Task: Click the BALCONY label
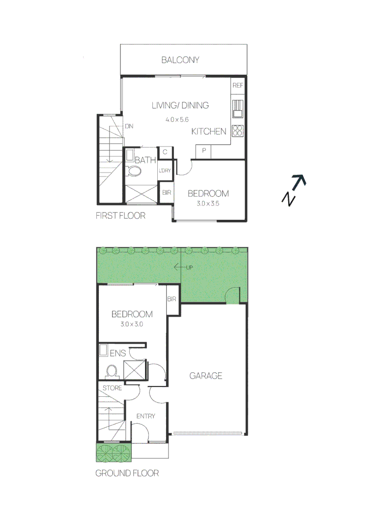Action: click(x=180, y=60)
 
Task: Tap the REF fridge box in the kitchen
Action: click(x=238, y=86)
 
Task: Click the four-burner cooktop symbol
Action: click(x=237, y=131)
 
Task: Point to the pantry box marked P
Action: click(x=203, y=150)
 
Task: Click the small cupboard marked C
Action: click(x=165, y=152)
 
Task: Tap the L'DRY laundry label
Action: click(x=164, y=171)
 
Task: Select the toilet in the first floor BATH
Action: click(x=133, y=171)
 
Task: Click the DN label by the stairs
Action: click(x=129, y=126)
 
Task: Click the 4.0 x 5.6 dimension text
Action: click(x=177, y=119)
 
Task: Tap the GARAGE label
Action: click(x=206, y=376)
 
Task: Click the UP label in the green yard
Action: click(x=189, y=267)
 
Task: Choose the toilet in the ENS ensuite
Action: click(x=112, y=370)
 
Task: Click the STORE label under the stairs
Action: click(x=112, y=388)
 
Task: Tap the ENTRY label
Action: click(x=145, y=416)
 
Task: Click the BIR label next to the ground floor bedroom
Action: click(x=172, y=299)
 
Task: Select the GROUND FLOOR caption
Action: click(x=127, y=473)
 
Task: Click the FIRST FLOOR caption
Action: click(x=121, y=215)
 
